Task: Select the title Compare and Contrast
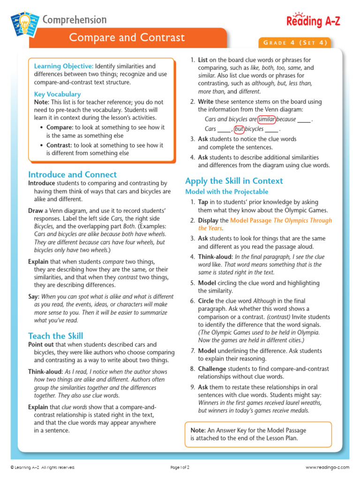coord(127,37)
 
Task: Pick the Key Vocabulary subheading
coord(57,94)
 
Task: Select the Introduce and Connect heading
coord(73,174)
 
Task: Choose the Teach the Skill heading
coord(56,336)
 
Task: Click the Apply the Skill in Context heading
coord(234,181)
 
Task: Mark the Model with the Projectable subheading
coord(227,192)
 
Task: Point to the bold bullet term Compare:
coord(60,127)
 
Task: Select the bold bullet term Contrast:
coord(60,145)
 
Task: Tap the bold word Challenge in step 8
coord(213,369)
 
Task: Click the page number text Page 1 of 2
coord(180,467)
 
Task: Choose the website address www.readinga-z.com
coord(328,467)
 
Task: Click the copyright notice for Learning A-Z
coord(43,467)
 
